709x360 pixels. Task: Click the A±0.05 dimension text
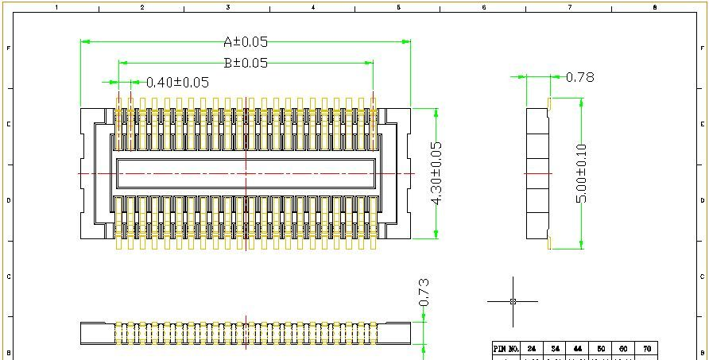[x=246, y=42]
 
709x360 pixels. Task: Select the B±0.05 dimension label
[x=246, y=63]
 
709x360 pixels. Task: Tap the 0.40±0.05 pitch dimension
[x=177, y=82]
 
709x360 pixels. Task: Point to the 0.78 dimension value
[x=579, y=77]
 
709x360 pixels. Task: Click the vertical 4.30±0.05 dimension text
[x=435, y=173]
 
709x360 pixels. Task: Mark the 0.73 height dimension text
[x=424, y=292]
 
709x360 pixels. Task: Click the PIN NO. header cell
[x=506, y=349]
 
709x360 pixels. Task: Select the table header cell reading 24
[x=532, y=349]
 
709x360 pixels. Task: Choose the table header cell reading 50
[x=600, y=349]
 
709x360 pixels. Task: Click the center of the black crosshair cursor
[x=513, y=301]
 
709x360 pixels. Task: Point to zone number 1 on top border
[x=56, y=7]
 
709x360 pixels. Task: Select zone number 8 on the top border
[x=655, y=7]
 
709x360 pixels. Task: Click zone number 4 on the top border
[x=313, y=7]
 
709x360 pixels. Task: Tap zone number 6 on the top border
[x=484, y=7]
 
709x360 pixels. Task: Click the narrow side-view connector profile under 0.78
[x=538, y=173]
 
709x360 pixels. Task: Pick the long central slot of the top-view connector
[x=246, y=173]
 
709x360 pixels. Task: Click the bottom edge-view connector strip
[x=246, y=334]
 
